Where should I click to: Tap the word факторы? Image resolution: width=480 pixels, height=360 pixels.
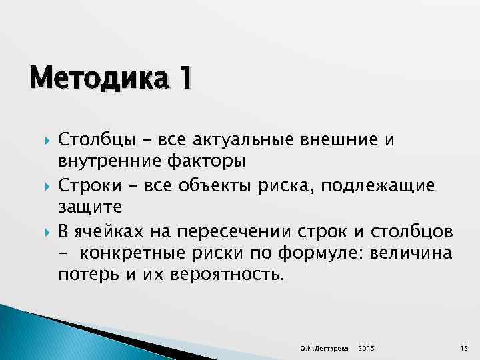click(201, 160)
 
